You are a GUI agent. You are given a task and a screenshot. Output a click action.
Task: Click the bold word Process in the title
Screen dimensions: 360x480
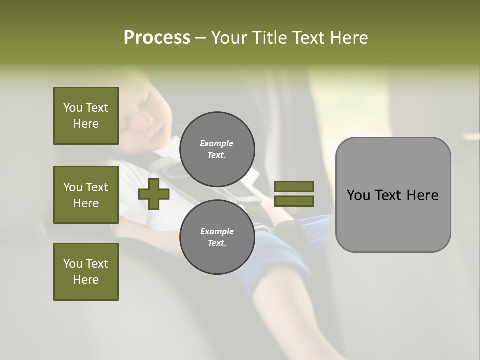point(157,38)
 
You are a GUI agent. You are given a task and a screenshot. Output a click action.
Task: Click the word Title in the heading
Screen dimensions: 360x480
point(268,38)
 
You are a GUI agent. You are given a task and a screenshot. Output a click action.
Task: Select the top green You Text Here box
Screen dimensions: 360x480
point(86,116)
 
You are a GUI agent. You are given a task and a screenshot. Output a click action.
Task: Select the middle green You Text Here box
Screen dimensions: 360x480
point(86,195)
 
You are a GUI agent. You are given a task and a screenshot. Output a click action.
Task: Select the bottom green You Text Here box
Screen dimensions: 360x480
point(86,272)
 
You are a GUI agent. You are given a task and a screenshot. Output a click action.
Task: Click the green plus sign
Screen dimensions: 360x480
point(154,194)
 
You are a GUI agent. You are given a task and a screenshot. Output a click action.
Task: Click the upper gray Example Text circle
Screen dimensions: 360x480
point(217,149)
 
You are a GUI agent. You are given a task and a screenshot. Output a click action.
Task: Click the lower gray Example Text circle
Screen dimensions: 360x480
point(217,237)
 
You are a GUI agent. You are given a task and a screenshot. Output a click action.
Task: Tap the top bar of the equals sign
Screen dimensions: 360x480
point(294,186)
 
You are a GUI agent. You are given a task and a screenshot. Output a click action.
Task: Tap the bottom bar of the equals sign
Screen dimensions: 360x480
point(294,201)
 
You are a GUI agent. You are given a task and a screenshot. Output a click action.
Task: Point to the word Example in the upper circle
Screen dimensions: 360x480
point(217,143)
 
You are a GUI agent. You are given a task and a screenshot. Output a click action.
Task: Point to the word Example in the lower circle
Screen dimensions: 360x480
point(217,231)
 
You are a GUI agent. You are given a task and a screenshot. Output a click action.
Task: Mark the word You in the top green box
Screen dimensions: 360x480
point(72,108)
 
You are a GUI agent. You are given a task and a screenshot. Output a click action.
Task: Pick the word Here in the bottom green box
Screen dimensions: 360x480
point(86,280)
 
